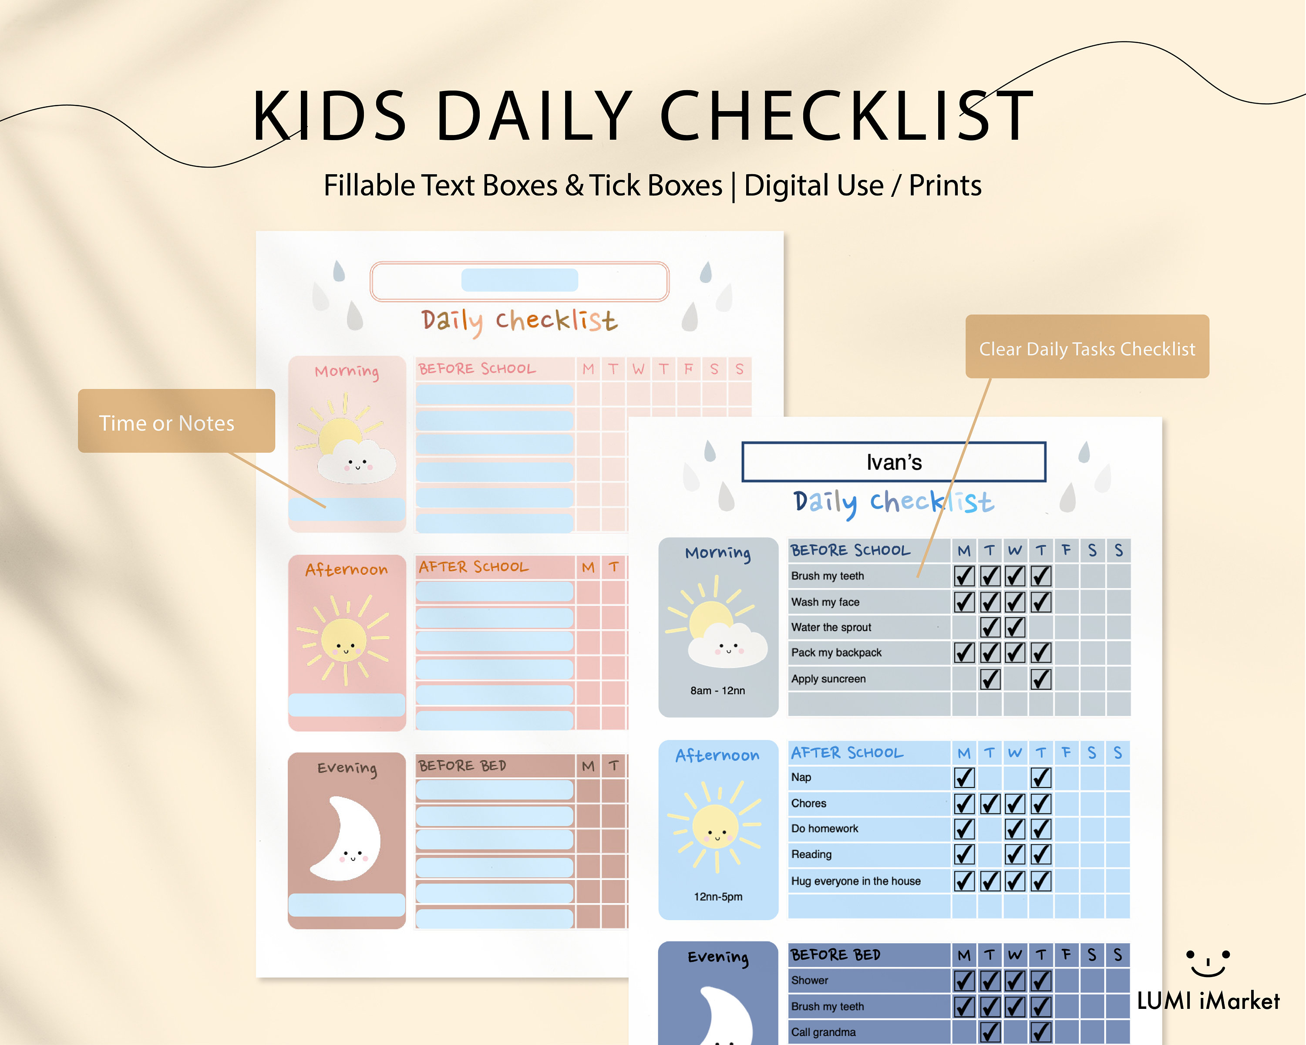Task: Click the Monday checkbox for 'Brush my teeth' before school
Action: [x=964, y=576]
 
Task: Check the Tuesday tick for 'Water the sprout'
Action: [x=990, y=627]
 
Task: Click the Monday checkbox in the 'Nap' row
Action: [x=964, y=777]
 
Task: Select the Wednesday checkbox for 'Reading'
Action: [x=1015, y=854]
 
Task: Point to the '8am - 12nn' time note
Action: [x=718, y=691]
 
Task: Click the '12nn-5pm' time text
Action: [x=718, y=897]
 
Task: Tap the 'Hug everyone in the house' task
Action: [x=855, y=881]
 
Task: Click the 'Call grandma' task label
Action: [x=823, y=1032]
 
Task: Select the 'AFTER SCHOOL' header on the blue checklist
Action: [x=847, y=752]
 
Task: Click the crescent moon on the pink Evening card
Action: [x=348, y=839]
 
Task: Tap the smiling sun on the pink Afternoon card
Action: [x=344, y=641]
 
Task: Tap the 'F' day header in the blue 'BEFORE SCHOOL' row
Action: [x=1066, y=550]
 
